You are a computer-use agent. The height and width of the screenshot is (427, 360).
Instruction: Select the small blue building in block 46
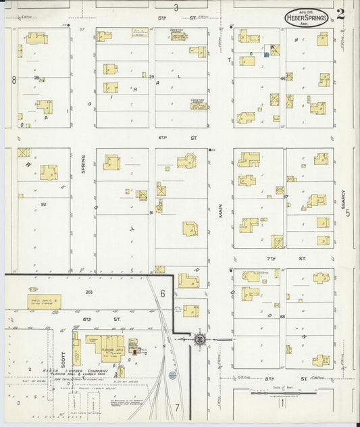(x=267, y=55)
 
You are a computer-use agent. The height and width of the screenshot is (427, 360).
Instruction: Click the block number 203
(x=89, y=292)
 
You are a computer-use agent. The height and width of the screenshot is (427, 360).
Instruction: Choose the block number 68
(x=282, y=316)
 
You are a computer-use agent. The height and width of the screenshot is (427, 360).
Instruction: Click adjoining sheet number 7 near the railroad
(x=177, y=407)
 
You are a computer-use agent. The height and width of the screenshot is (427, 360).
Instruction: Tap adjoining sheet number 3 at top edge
(x=176, y=7)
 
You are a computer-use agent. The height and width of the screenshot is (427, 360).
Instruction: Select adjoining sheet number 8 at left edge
(x=13, y=80)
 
